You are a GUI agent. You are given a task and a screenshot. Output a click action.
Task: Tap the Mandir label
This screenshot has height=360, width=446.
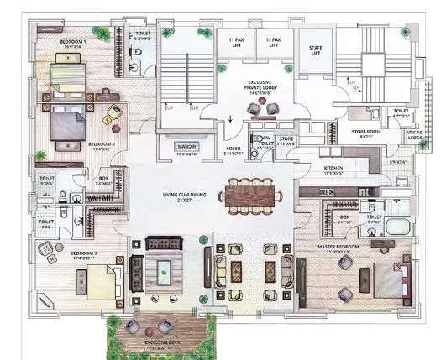click(x=187, y=148)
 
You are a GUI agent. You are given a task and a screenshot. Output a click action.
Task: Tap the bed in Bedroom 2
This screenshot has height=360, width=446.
click(x=66, y=125)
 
